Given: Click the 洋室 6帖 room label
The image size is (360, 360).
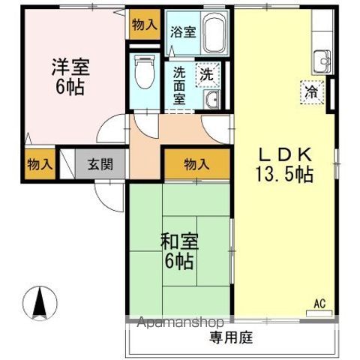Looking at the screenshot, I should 70,75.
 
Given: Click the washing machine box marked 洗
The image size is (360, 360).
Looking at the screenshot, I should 205,74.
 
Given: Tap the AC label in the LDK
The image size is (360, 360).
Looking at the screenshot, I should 319,304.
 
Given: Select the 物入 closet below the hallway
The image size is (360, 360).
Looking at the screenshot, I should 197,163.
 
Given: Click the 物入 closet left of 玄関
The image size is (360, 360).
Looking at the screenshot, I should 34,163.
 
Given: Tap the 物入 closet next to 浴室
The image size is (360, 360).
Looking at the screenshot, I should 144,25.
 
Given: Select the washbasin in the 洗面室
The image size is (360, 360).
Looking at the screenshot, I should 211,101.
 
